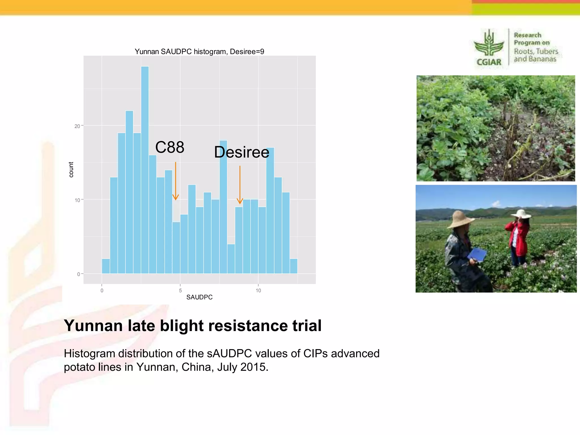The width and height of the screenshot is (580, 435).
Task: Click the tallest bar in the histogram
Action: [x=145, y=170]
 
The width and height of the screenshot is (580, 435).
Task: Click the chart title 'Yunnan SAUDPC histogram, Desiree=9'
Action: [x=199, y=52]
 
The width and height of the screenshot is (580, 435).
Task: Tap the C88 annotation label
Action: [x=170, y=147]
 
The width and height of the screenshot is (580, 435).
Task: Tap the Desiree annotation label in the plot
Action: [x=241, y=152]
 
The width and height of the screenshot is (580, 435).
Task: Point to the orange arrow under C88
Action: [x=176, y=181]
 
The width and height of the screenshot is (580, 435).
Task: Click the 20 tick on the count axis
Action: [x=77, y=126]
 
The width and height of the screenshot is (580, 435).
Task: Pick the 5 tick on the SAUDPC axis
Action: [x=180, y=291]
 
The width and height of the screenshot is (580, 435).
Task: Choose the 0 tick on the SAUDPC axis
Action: [x=102, y=291]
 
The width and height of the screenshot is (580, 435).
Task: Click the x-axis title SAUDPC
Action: [x=199, y=297]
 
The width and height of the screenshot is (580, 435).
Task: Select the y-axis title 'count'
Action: [x=71, y=170]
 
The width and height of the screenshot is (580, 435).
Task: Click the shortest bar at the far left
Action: [x=106, y=266]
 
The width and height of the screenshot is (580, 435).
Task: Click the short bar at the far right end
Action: [x=294, y=266]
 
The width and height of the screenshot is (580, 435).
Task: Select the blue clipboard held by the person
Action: [x=477, y=254]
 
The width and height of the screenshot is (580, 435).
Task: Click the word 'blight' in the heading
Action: [x=182, y=326]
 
